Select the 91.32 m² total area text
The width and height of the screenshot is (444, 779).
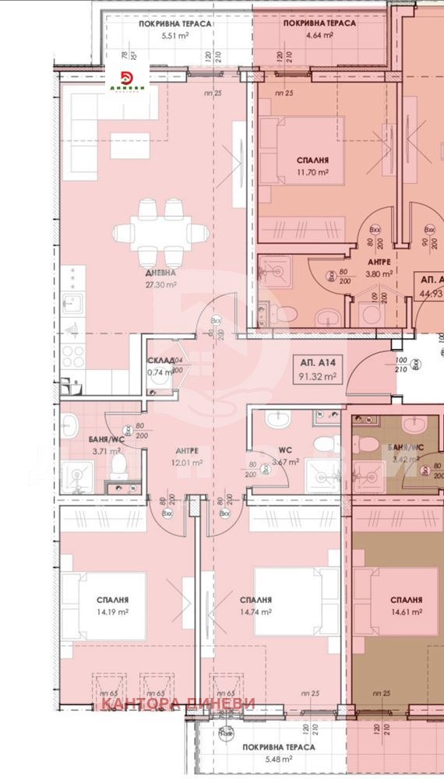[x=317, y=376]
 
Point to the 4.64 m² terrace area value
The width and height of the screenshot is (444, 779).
[x=320, y=36]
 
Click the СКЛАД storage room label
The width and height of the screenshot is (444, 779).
[x=160, y=361]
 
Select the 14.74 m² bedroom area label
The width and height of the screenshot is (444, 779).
[x=255, y=612]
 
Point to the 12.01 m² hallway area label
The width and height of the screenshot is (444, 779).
[x=186, y=462]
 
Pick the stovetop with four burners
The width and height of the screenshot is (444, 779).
[x=73, y=356]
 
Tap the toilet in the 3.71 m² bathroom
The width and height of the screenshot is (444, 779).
[x=118, y=467]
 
